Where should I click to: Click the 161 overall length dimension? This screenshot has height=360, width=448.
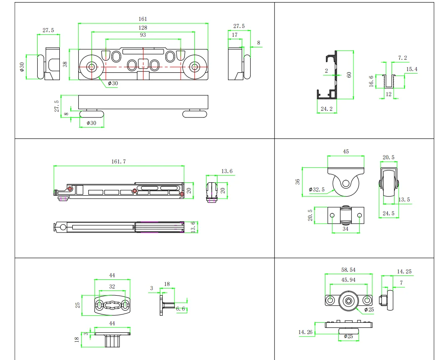pyautogui.click(x=143, y=19)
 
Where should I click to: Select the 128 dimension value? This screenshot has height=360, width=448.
pyautogui.click(x=143, y=28)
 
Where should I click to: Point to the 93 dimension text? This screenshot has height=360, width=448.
pyautogui.click(x=143, y=35)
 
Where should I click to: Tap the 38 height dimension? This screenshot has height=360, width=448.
pyautogui.click(x=65, y=64)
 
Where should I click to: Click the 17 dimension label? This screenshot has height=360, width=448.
pyautogui.click(x=235, y=35)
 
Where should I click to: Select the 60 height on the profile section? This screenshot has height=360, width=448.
pyautogui.click(x=349, y=75)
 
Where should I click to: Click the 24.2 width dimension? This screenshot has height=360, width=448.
pyautogui.click(x=327, y=109)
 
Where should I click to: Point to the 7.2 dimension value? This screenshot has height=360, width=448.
pyautogui.click(x=402, y=58)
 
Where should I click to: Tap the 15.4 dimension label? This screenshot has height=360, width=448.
pyautogui.click(x=412, y=69)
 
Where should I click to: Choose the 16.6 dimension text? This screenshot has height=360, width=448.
pyautogui.click(x=371, y=81)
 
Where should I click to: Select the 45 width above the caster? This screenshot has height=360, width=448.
pyautogui.click(x=346, y=152)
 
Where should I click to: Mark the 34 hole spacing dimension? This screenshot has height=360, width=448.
pyautogui.click(x=346, y=229)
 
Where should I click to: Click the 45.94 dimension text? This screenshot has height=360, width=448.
pyautogui.click(x=348, y=280)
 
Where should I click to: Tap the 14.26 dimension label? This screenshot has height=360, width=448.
pyautogui.click(x=305, y=332)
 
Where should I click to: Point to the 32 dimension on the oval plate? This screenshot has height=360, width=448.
pyautogui.click(x=112, y=287)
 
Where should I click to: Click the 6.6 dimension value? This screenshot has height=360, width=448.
pyautogui.click(x=181, y=309)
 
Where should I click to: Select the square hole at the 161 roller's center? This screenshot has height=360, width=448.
pyautogui.click(x=143, y=64)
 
